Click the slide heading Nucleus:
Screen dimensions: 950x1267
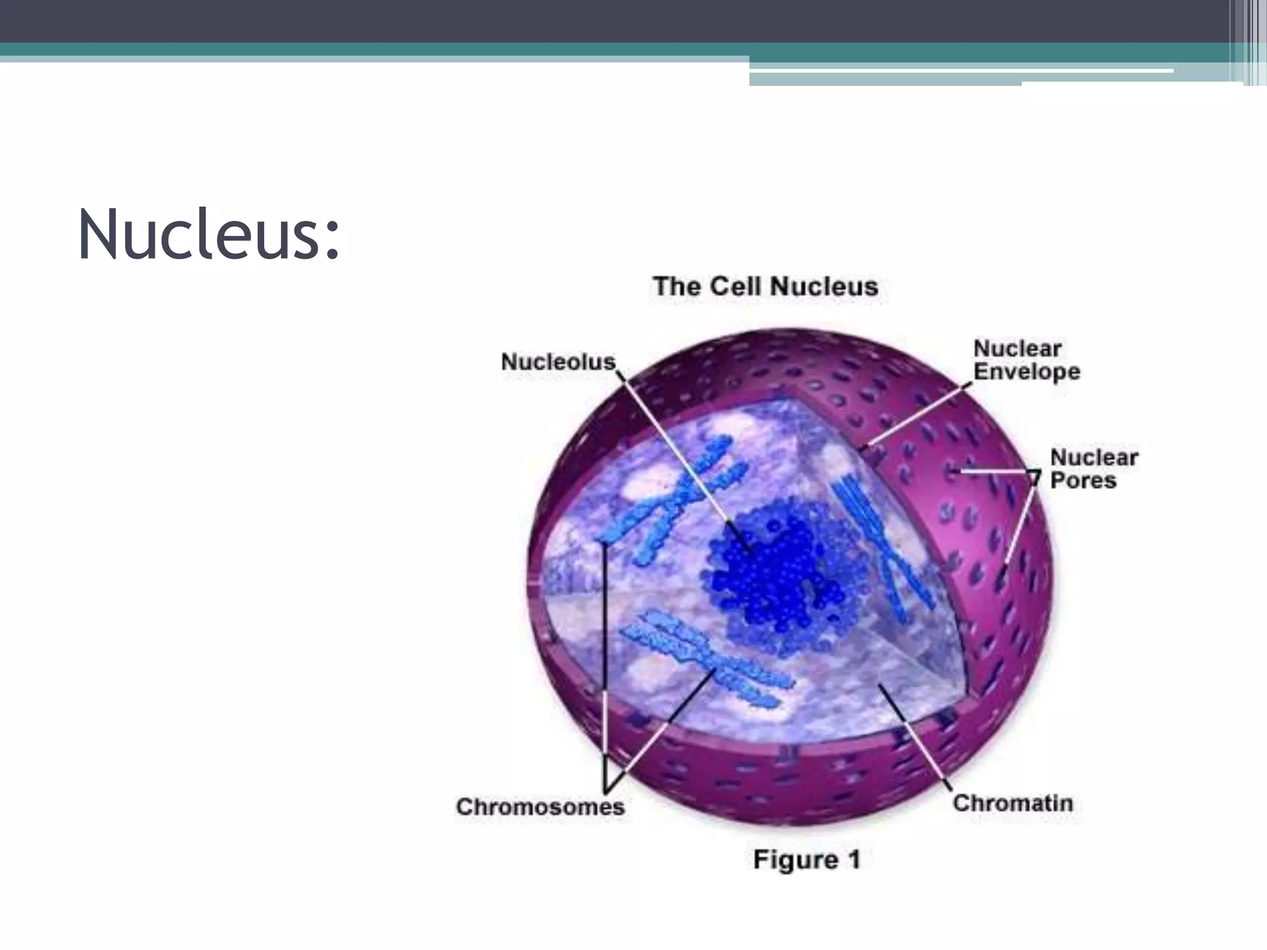click(x=208, y=235)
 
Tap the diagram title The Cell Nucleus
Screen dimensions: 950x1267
click(x=765, y=286)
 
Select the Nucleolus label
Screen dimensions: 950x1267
click(x=558, y=362)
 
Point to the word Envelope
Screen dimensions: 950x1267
click(x=1026, y=372)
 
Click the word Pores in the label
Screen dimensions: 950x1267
click(x=1083, y=481)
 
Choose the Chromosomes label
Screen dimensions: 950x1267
click(x=540, y=807)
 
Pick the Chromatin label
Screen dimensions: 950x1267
click(x=1013, y=803)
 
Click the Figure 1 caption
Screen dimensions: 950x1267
click(x=806, y=860)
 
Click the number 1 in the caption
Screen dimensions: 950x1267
click(x=853, y=860)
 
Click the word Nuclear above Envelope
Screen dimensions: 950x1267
click(x=1017, y=348)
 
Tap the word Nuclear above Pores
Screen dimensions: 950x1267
click(x=1094, y=458)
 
